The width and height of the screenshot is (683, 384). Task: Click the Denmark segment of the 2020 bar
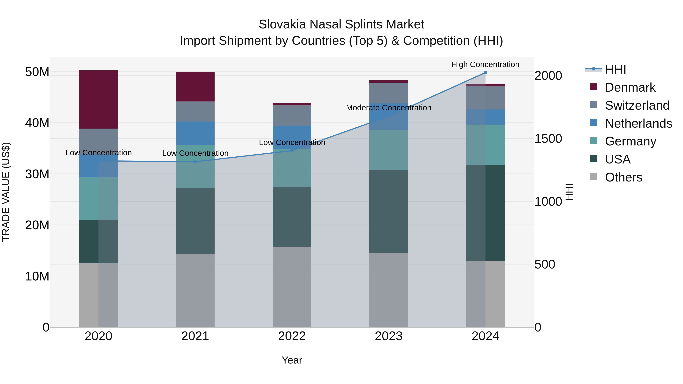(x=98, y=99)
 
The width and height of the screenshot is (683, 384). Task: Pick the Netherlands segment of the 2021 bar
(x=195, y=133)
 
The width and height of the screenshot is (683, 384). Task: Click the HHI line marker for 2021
(x=195, y=162)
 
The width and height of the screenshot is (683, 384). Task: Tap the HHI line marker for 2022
(x=292, y=151)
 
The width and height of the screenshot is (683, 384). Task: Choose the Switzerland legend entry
(x=637, y=105)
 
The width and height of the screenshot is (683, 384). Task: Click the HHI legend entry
(x=615, y=69)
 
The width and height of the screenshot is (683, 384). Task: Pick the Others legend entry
(x=623, y=177)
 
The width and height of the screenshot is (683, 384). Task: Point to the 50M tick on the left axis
(x=37, y=72)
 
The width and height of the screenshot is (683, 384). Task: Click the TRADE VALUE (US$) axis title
(x=6, y=192)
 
